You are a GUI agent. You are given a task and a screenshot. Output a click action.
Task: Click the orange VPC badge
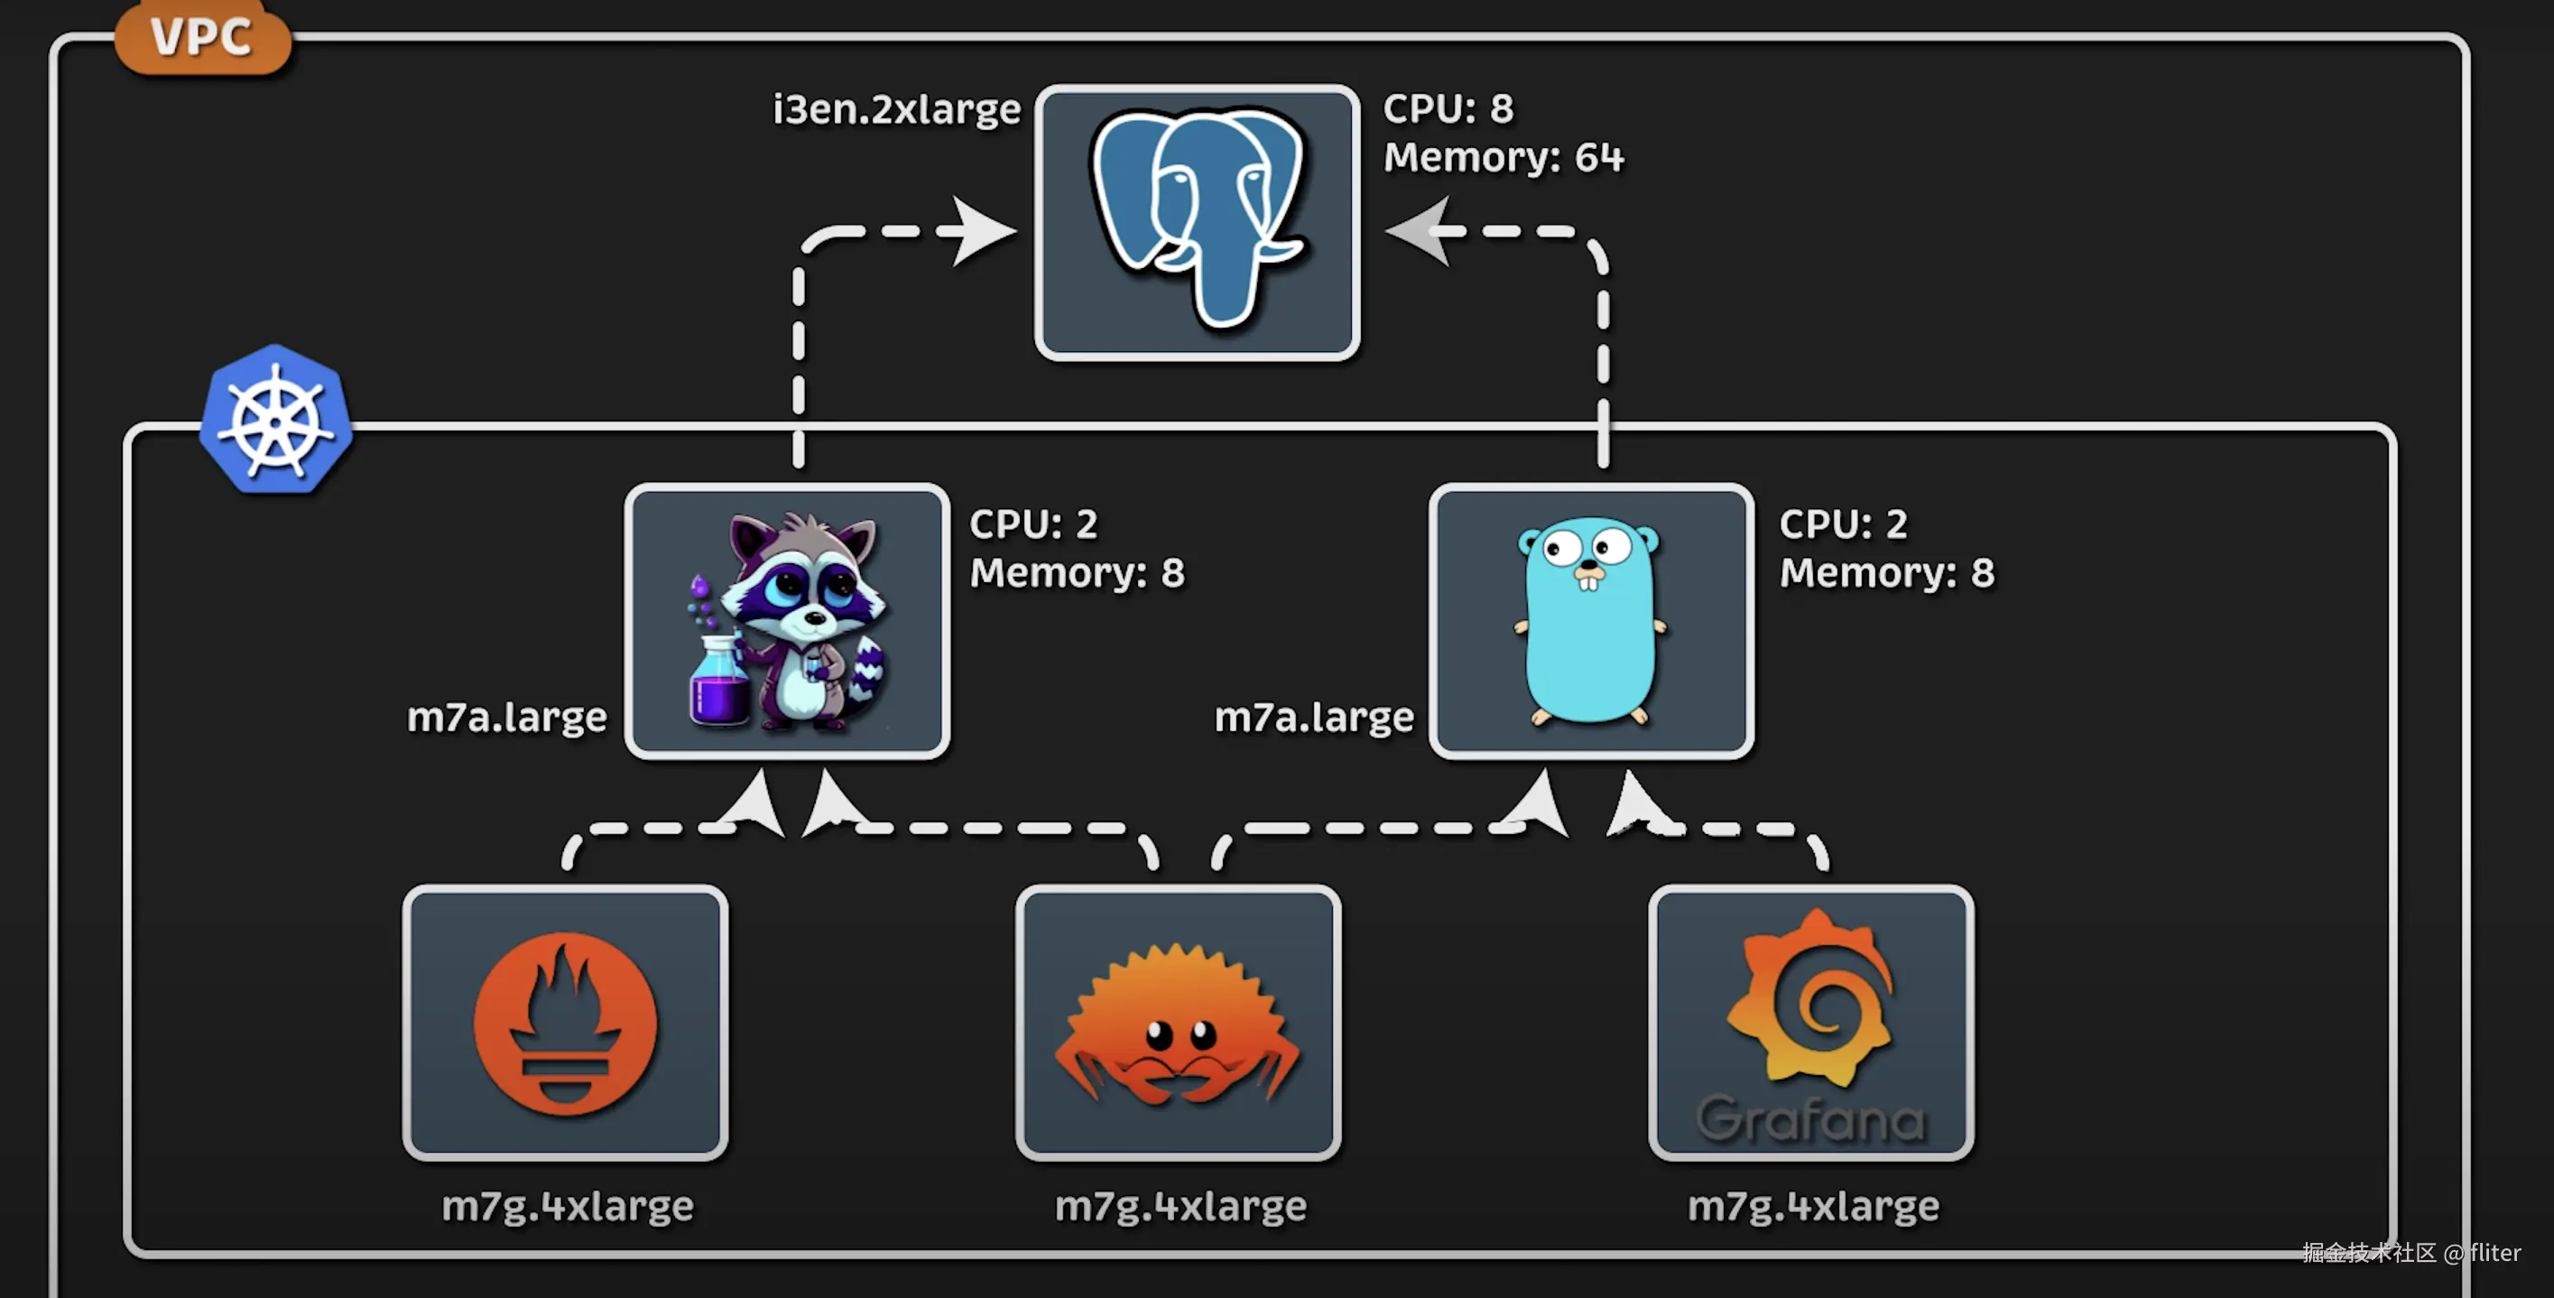[202, 38]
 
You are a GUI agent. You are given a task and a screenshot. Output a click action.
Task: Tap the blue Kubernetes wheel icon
[275, 421]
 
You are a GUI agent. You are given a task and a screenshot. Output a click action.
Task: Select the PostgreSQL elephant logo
[1197, 216]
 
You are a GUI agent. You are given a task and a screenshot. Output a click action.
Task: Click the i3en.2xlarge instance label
[896, 109]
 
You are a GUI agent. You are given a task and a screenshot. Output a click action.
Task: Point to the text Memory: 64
[1503, 158]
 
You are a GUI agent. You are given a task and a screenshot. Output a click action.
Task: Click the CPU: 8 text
[1448, 108]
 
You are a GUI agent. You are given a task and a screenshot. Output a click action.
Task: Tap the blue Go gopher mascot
[1589, 620]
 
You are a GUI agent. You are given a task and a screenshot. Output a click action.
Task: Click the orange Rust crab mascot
[1178, 1027]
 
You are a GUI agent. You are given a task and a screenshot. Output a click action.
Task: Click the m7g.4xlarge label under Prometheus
[567, 1206]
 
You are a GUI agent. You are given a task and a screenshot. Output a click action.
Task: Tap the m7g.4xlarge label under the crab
[1180, 1206]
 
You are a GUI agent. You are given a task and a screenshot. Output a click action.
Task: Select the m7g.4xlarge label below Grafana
[1812, 1206]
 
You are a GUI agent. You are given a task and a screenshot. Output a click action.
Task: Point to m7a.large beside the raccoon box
[506, 717]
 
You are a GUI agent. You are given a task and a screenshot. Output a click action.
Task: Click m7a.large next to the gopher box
[1314, 717]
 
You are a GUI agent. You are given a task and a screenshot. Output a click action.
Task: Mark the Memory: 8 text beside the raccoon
[1077, 572]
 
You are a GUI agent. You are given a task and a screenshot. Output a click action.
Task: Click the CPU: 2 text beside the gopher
[1842, 524]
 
